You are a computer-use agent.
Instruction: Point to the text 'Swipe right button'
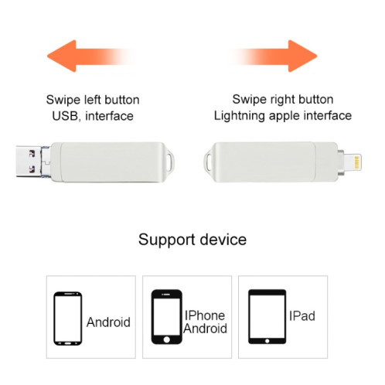coord(283,100)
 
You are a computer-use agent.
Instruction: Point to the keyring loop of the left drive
coord(175,161)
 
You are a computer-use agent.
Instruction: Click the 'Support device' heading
coord(192,239)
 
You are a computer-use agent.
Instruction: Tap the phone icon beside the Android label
coord(66,316)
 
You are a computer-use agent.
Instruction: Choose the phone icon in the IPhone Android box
coord(165,316)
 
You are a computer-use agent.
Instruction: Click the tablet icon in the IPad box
coord(266,316)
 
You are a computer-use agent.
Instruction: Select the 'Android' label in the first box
coord(108,322)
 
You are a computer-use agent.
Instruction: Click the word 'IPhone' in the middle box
coord(204,315)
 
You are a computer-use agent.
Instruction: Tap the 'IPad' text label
coord(303,316)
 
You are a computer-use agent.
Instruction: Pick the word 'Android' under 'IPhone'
coord(205,329)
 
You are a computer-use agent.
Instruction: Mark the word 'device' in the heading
coord(221,239)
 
